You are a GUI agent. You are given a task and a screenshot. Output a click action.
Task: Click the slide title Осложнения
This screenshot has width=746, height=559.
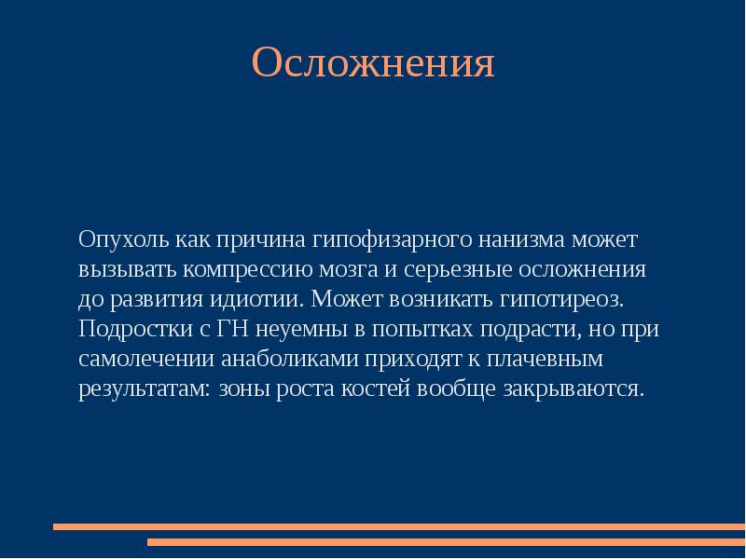click(372, 63)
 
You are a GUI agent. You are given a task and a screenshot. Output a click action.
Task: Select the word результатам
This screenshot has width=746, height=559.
click(144, 389)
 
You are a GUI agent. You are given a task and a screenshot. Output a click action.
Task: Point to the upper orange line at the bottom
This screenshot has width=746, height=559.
click(399, 526)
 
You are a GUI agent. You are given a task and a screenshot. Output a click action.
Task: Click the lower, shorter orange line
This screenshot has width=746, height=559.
click(446, 541)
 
